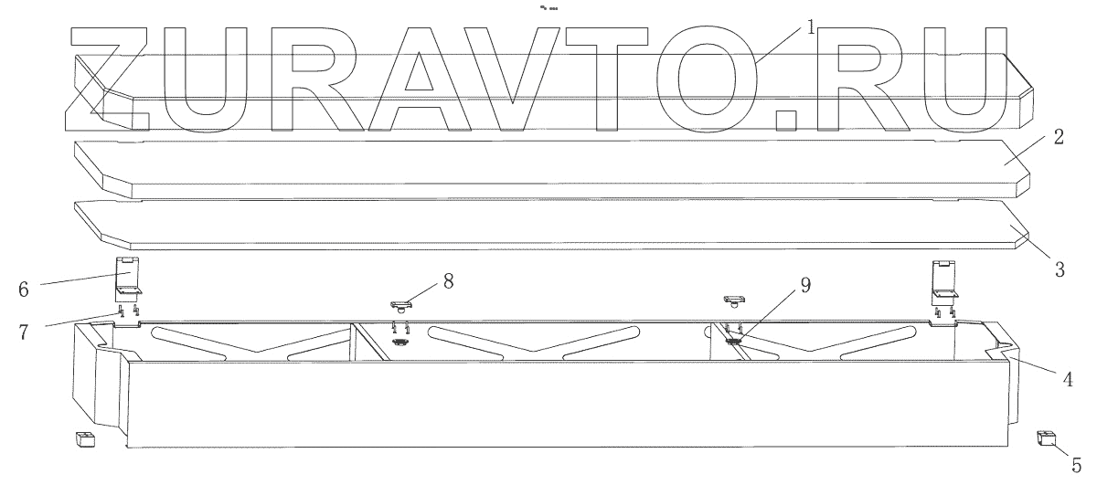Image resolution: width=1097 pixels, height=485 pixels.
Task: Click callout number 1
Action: pos(809,26)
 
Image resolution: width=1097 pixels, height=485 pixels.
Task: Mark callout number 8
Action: pos(448,280)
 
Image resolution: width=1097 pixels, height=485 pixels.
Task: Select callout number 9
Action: pos(804,285)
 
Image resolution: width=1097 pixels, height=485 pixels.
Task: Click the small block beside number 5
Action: pos(1046,439)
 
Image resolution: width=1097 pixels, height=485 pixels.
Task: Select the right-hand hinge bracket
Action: pos(943,282)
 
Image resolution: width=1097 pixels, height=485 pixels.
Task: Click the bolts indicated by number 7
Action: pos(128,311)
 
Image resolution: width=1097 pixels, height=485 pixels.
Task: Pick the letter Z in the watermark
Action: pos(119,78)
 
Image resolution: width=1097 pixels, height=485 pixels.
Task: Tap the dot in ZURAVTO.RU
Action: pos(783,120)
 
